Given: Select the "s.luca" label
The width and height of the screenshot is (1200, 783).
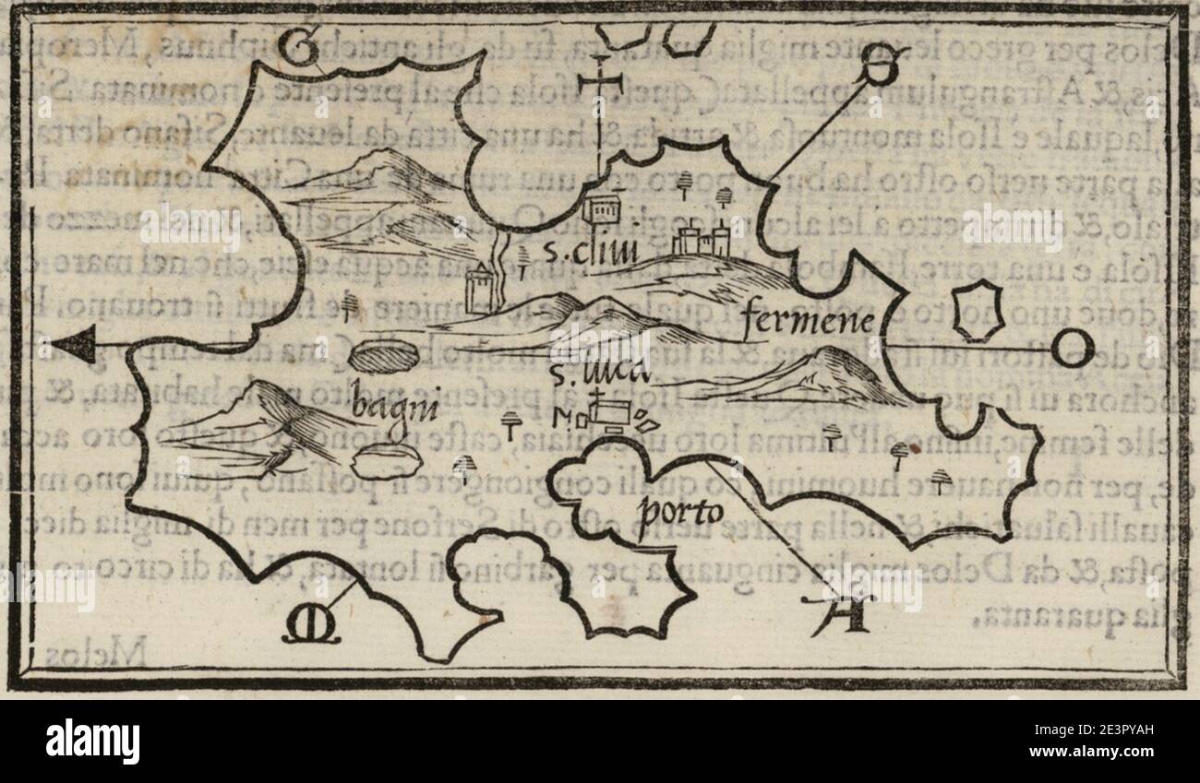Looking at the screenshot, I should click(586, 373).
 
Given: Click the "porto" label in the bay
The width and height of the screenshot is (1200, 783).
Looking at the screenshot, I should click(683, 510).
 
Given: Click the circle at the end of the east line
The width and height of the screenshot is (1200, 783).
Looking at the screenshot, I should click(1075, 350).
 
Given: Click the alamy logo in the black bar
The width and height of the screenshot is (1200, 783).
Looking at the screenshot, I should click(92, 741).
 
